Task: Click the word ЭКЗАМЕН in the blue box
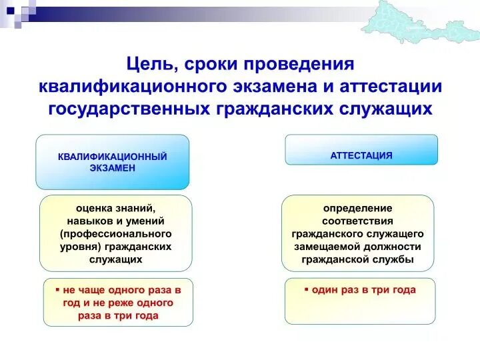[x=112, y=169]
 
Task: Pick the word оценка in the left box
[x=91, y=208]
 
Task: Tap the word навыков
[x=87, y=221]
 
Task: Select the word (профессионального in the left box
[x=115, y=233]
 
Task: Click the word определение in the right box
[x=358, y=208]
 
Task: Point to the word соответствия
[x=358, y=221]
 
